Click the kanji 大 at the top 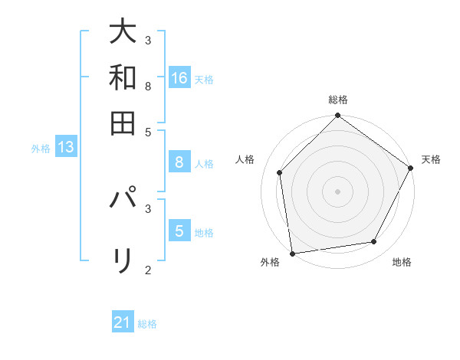[123, 31]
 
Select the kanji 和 [123, 77]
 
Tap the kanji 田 [123, 123]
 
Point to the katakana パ [123, 200]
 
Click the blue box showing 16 [179, 78]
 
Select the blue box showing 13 [65, 148]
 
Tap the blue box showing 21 [123, 323]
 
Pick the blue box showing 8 [179, 162]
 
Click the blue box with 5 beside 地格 [179, 231]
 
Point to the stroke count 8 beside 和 [148, 86]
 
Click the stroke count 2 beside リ [148, 270]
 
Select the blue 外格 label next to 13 [41, 149]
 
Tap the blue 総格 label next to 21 [147, 324]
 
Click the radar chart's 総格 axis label [338, 100]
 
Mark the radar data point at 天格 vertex [411, 168]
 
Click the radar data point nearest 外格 [292, 253]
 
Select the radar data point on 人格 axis [280, 172]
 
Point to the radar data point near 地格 [374, 241]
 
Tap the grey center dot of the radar [338, 191]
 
